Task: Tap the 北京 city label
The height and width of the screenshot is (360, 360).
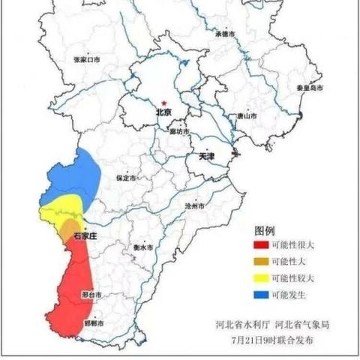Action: point(163,112)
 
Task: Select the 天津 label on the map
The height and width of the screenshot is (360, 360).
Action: point(207,157)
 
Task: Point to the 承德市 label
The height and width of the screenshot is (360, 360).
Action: point(226,34)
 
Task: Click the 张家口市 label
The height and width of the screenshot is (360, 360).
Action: point(86,58)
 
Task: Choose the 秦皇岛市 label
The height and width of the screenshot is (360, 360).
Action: point(308,88)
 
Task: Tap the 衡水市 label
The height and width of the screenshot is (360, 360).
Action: point(142,247)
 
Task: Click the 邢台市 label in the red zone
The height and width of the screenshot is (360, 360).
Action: point(91,295)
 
